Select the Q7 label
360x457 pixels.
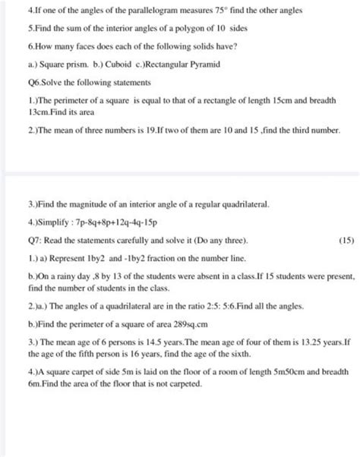click(30, 244)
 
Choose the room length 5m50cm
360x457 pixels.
click(270, 373)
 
